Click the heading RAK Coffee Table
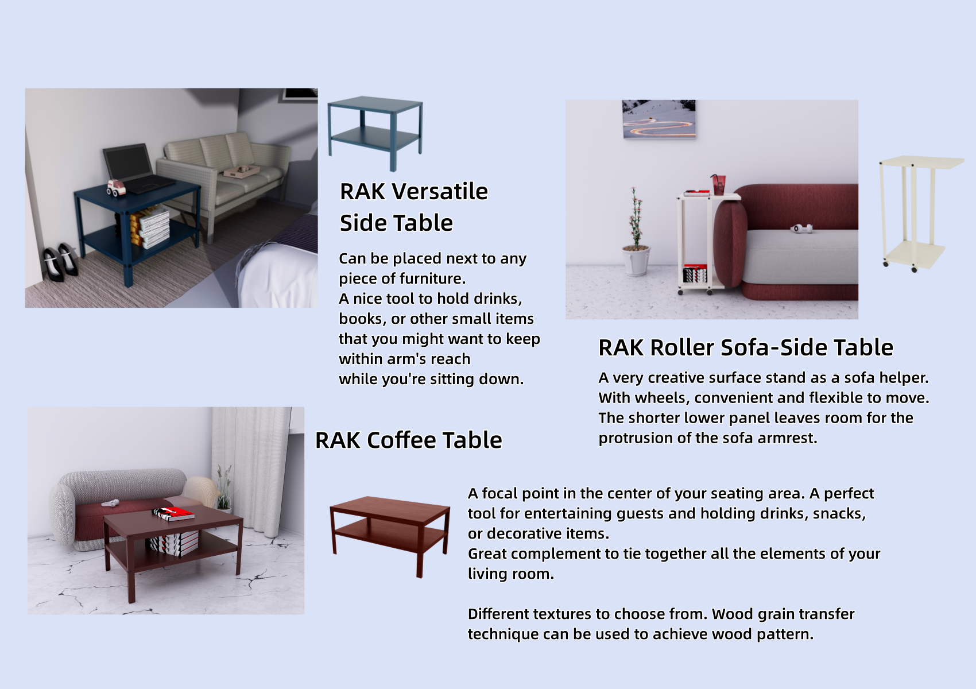point(408,440)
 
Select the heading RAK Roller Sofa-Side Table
point(745,348)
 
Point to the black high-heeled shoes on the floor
point(61,263)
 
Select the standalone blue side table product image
point(374,132)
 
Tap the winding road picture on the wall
point(659,119)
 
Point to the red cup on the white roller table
point(718,185)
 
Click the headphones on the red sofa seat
point(801,229)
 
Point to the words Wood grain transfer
point(783,614)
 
